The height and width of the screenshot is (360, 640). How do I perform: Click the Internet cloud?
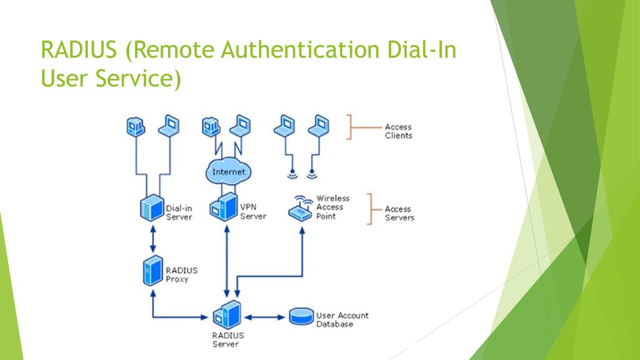click(228, 171)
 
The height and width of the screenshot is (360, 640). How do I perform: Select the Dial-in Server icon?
click(152, 207)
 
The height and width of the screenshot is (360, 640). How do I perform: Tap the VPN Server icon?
click(224, 207)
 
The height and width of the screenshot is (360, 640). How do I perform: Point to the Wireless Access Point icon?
click(301, 209)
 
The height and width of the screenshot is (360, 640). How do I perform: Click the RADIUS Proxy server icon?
click(153, 271)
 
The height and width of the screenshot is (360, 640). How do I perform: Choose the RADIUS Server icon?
click(227, 315)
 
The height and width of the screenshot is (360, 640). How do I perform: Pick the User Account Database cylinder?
click(302, 317)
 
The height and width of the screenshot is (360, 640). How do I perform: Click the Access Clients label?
click(398, 131)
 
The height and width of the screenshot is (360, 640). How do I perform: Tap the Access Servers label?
click(399, 214)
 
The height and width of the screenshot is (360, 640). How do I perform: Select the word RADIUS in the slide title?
click(79, 50)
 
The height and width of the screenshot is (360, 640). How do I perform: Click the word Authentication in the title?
click(300, 50)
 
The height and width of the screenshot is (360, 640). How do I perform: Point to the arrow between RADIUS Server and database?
click(264, 317)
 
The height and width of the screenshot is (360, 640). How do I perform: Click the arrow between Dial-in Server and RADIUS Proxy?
click(153, 239)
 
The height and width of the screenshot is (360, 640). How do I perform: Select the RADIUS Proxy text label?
click(181, 275)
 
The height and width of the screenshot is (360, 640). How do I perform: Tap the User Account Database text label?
click(342, 320)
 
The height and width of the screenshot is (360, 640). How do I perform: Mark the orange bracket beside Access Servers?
click(371, 209)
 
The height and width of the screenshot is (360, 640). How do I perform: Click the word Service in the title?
click(138, 78)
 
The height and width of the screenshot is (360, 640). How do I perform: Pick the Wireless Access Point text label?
click(332, 207)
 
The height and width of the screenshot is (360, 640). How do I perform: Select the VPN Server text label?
click(253, 212)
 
